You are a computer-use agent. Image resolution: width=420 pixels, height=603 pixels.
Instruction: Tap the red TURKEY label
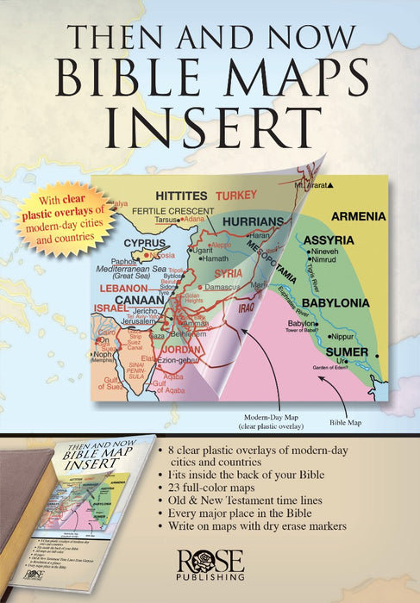point(236,195)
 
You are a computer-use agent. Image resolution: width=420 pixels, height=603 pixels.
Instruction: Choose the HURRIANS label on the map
point(256,221)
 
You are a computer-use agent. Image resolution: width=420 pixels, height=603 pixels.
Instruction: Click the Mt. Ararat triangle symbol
point(329,185)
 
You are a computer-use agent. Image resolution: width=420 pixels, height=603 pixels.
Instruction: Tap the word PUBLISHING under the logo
point(210,581)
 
